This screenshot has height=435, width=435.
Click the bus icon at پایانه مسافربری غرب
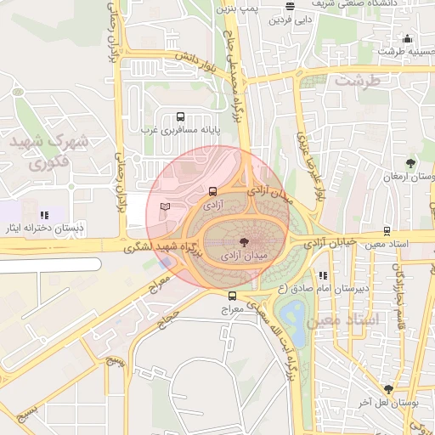click(180, 116)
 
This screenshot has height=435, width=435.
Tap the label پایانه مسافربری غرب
click(180, 130)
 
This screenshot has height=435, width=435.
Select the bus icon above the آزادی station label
click(212, 192)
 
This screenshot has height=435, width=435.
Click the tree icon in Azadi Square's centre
click(245, 241)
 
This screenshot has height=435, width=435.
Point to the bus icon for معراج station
click(233, 296)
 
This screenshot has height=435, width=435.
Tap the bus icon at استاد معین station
click(387, 230)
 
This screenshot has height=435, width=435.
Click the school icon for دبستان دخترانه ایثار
click(44, 215)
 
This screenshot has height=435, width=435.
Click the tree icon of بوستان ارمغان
click(411, 162)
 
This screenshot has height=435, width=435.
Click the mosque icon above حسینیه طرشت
click(407, 38)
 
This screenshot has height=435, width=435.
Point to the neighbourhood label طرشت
click(356, 82)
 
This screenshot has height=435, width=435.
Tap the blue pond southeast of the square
click(294, 318)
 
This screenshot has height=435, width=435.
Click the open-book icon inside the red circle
click(165, 206)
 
